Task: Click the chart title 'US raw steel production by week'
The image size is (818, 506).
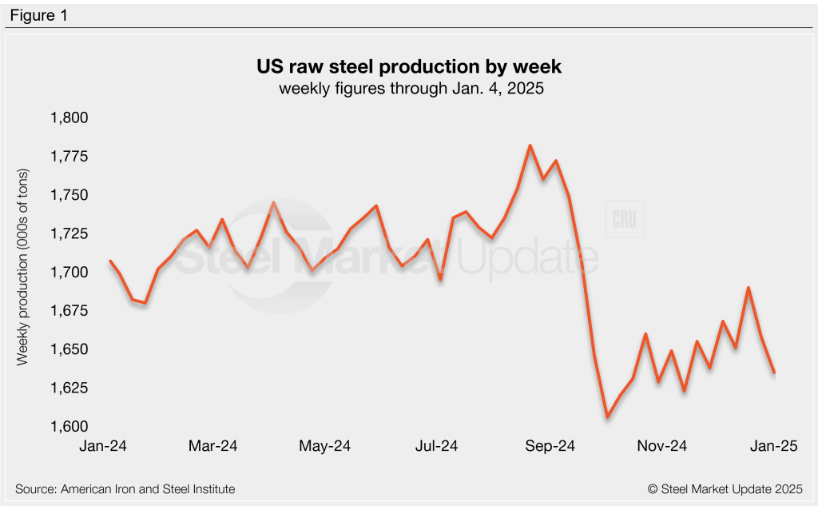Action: [410, 66]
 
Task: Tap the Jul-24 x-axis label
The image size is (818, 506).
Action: [436, 445]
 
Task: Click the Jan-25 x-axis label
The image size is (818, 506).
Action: [772, 445]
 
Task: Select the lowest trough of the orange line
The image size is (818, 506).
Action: [607, 416]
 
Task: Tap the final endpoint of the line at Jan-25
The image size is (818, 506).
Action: [773, 372]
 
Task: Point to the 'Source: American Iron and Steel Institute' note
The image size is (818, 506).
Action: [125, 488]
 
